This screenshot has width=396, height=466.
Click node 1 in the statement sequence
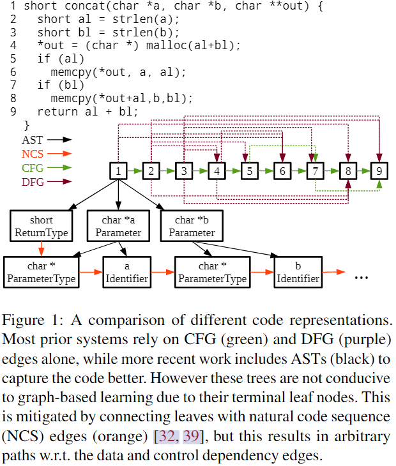[x=118, y=171]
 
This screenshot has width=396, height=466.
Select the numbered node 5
[x=250, y=171]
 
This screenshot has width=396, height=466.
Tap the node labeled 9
[x=379, y=171]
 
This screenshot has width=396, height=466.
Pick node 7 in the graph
[x=315, y=171]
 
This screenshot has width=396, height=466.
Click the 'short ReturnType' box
[x=42, y=227]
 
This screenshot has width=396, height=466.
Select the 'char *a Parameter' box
[x=119, y=227]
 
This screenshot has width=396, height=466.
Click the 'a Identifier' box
[x=126, y=273]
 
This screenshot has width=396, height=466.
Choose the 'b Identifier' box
[x=298, y=273]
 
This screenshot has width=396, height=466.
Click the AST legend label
[x=33, y=139]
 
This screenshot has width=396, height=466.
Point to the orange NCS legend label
[x=33, y=153]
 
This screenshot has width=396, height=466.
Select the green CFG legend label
[x=33, y=168]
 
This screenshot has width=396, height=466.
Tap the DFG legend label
[x=33, y=183]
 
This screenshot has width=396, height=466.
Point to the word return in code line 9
[x=58, y=111]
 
